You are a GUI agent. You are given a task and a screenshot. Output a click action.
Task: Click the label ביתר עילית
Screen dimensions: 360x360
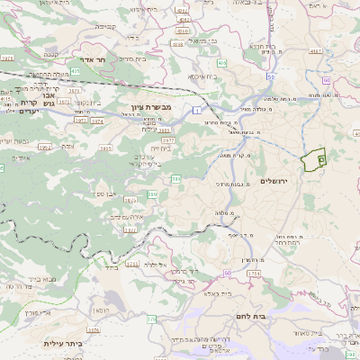(65, 343)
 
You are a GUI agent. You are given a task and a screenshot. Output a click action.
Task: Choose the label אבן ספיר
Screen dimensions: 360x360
(105, 193)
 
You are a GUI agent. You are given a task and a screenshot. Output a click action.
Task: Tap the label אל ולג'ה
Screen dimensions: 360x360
(157, 265)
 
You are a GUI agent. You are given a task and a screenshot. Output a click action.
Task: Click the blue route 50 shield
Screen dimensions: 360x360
(271, 76)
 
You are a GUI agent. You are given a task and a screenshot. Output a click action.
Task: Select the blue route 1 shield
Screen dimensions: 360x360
(195, 109)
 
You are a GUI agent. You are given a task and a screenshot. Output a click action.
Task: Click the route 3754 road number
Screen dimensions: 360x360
(253, 272)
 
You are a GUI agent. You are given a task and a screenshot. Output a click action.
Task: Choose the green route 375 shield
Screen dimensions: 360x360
(149, 318)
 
